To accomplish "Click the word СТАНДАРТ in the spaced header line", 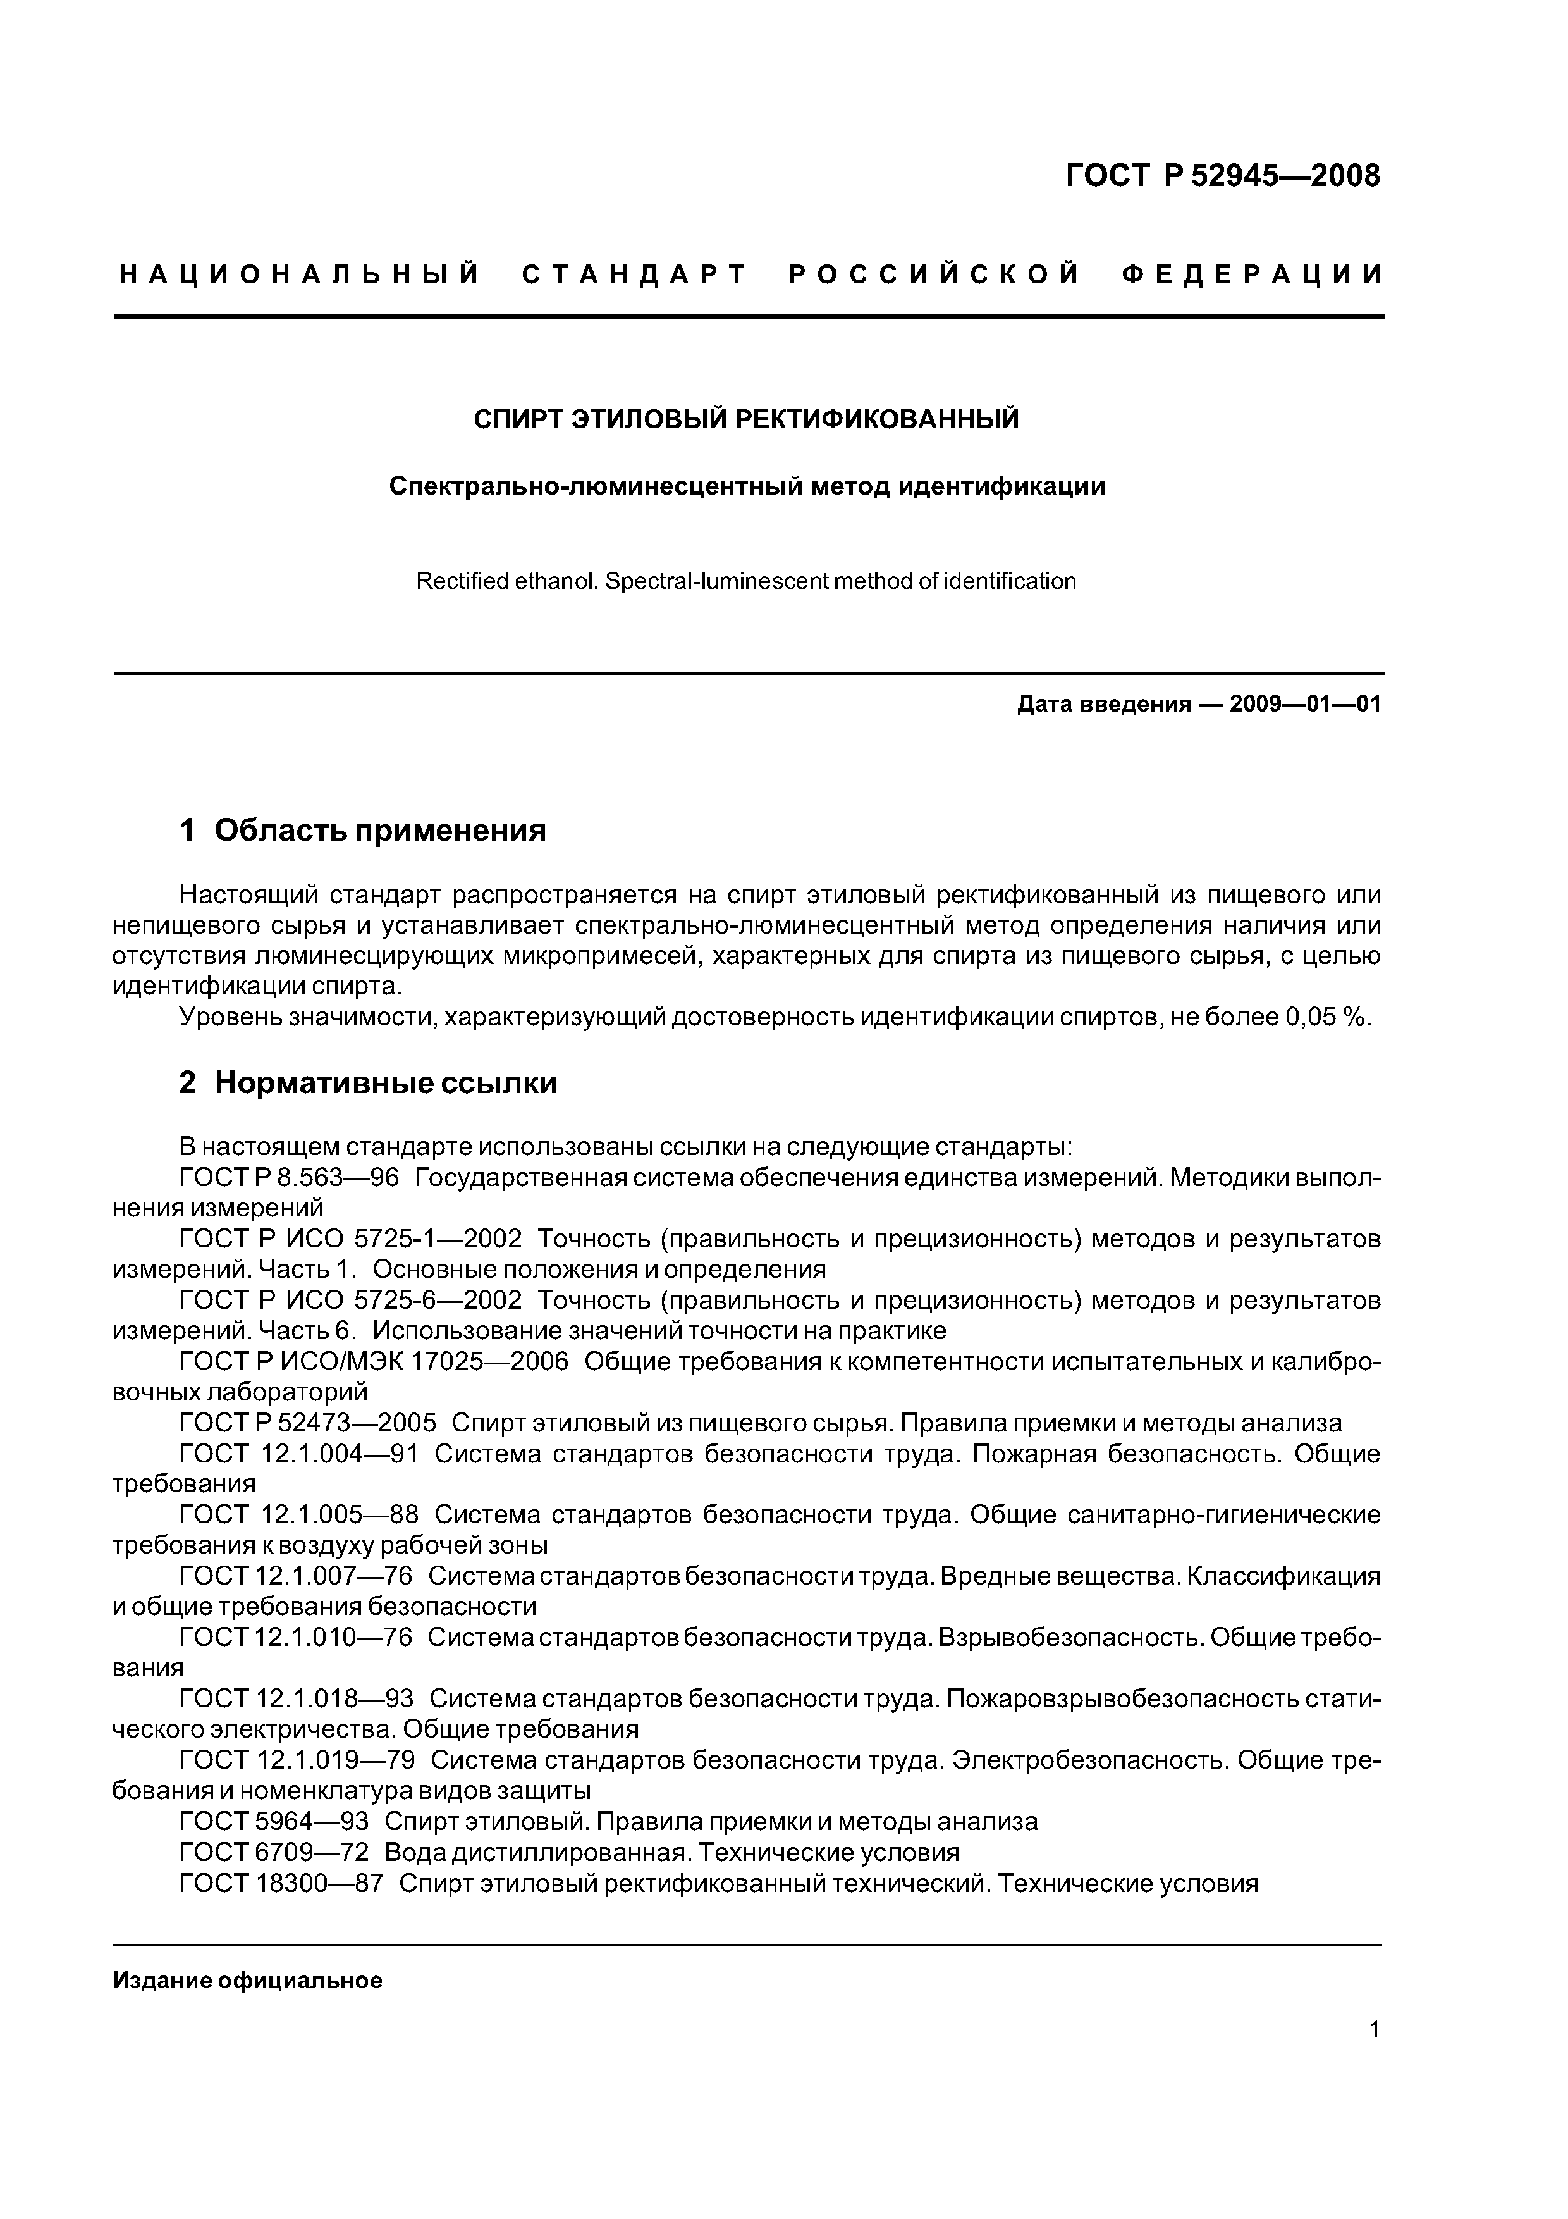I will (635, 275).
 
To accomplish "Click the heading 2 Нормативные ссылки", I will (367, 1082).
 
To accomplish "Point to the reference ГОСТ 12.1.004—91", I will (298, 1454).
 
